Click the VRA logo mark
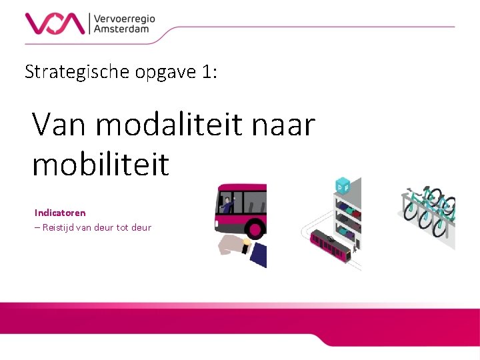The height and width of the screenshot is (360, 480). coord(55,23)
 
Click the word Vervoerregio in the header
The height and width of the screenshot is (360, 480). coord(125,19)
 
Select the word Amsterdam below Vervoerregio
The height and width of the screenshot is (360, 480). coord(121,30)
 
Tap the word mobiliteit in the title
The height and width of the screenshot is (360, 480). coord(101,163)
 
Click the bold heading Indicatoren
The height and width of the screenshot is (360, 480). coord(60,213)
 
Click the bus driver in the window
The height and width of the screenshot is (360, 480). coord(229,203)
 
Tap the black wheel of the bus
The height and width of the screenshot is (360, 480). coord(256,228)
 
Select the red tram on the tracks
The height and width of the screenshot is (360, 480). coord(330,245)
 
